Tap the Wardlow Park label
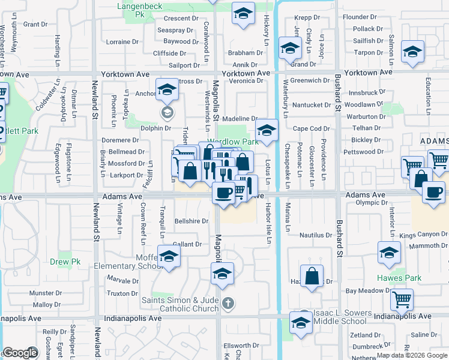pos(233,142)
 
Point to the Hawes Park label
pos(399,278)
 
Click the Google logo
pos(20,353)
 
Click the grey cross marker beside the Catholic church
pos(227,304)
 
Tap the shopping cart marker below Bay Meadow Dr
pos(402,299)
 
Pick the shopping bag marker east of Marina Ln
pos(312,276)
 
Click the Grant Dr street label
pos(35,24)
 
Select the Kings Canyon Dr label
pos(423,235)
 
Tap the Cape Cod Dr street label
pos(312,128)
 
